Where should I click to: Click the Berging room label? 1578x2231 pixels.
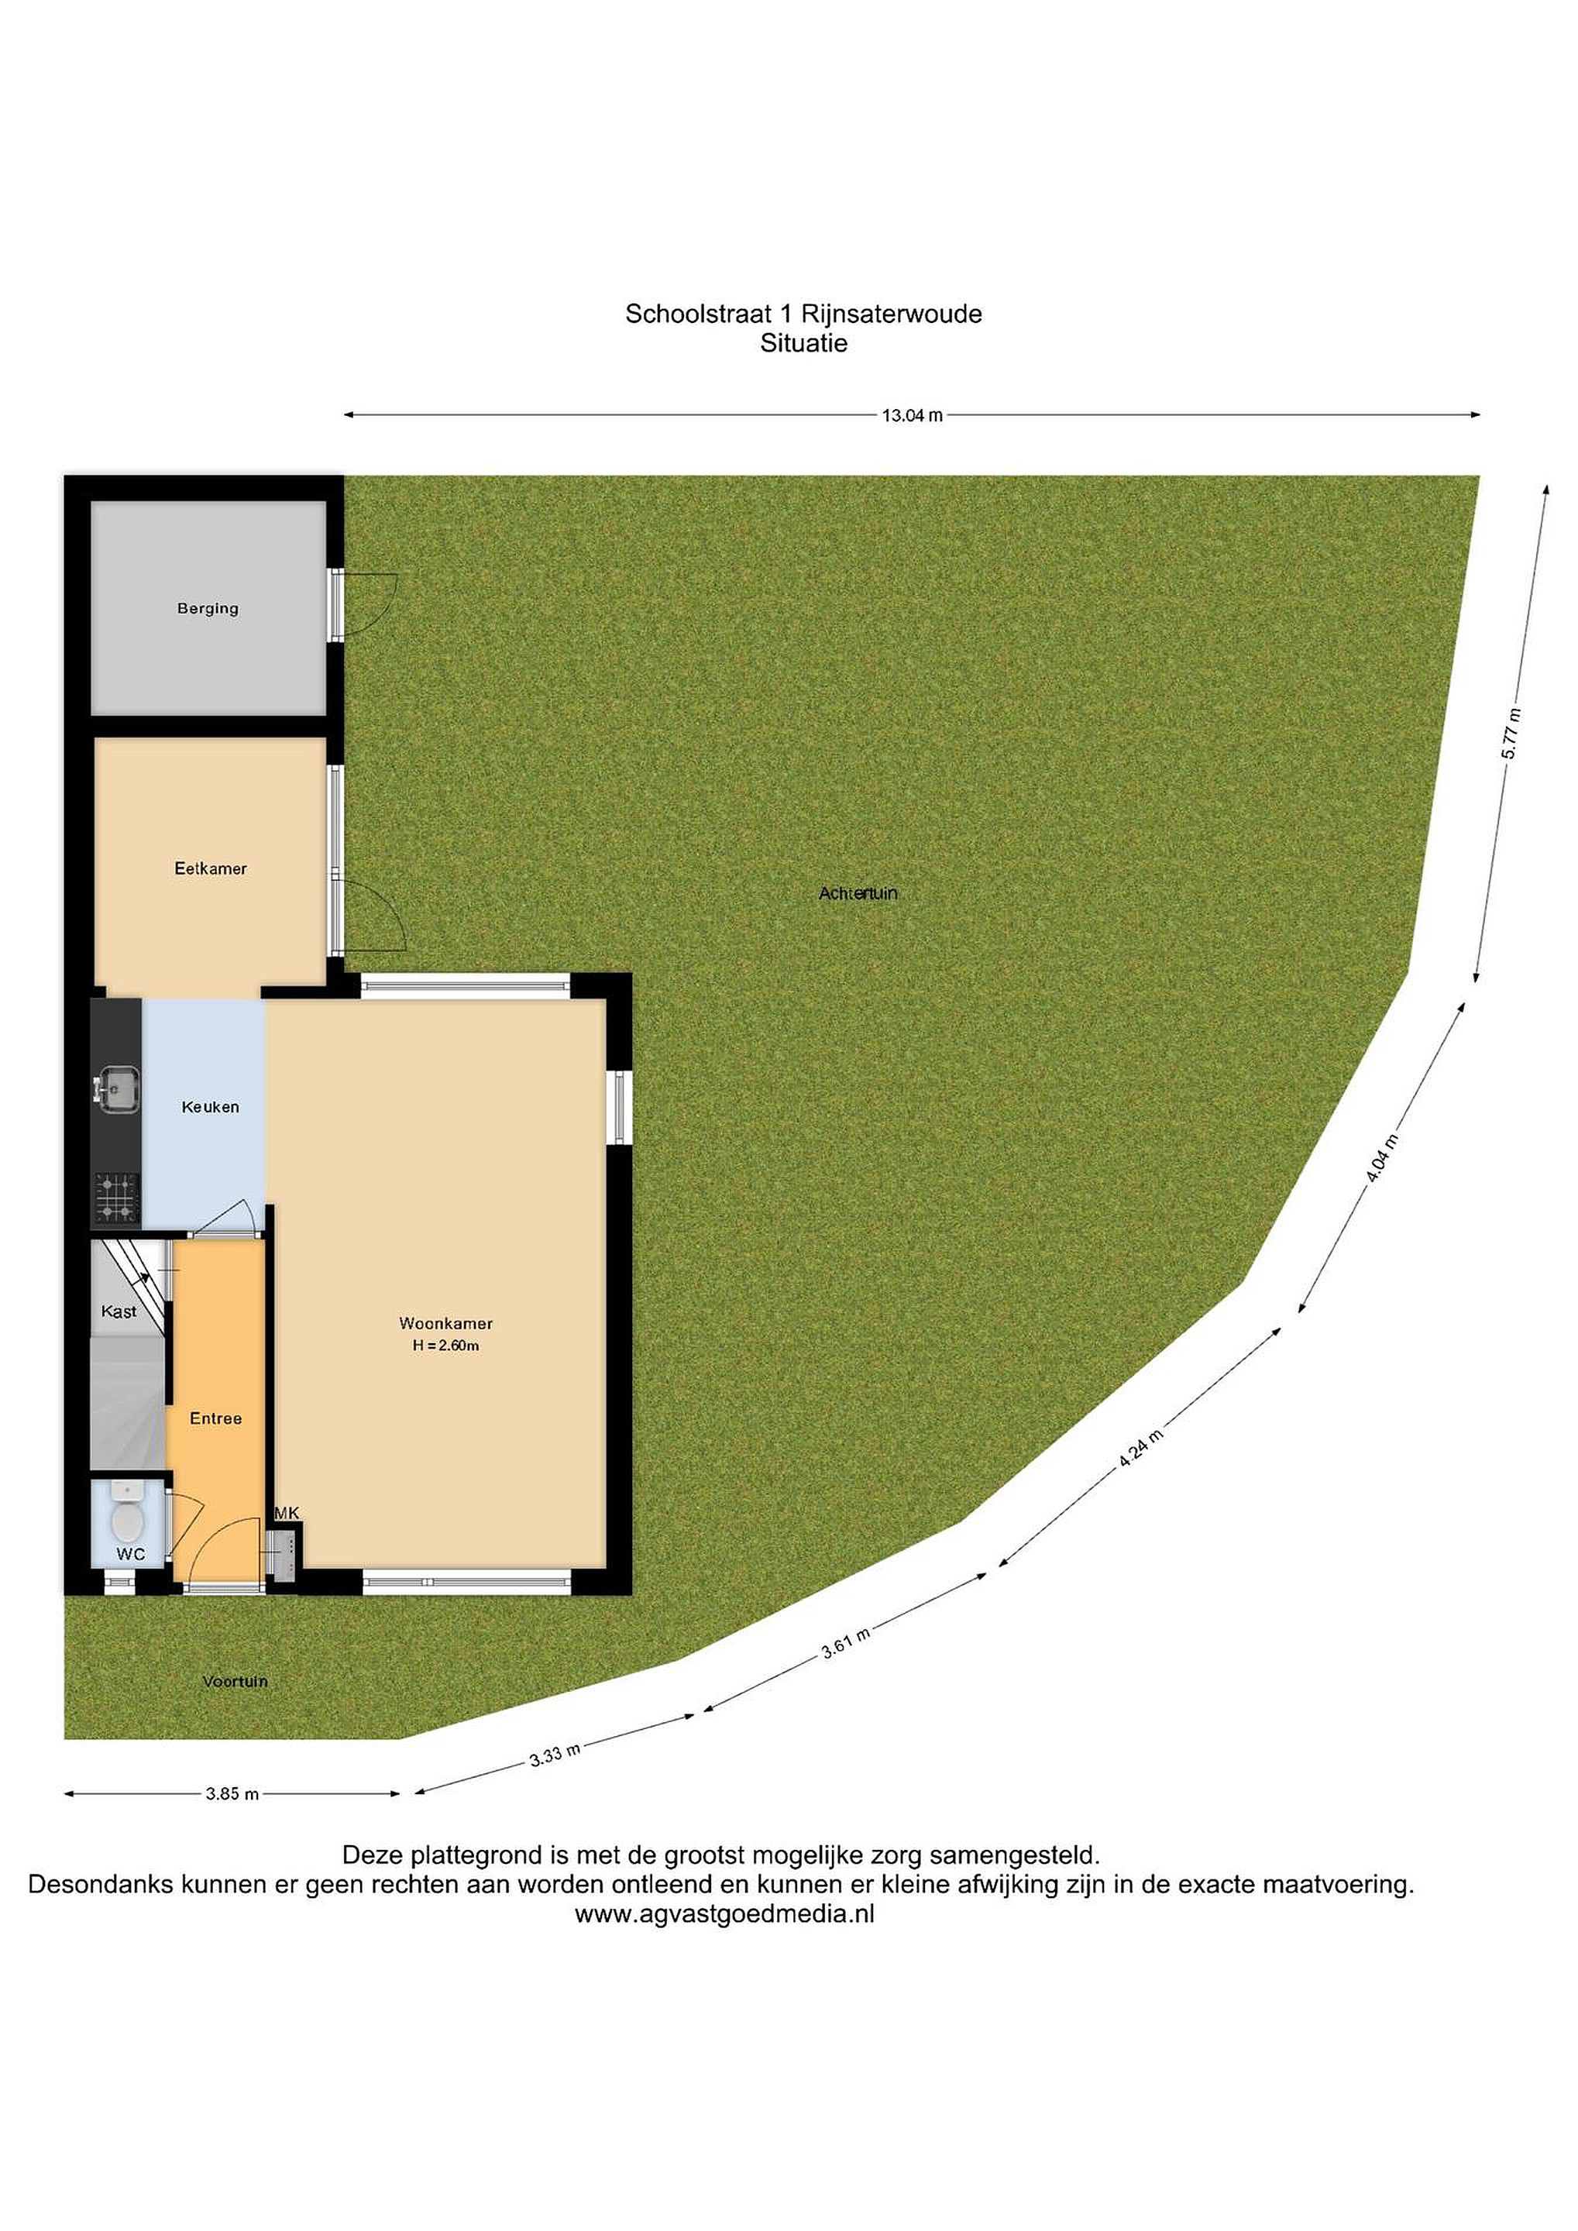[x=208, y=608]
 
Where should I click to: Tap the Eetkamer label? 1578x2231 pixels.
[x=211, y=868]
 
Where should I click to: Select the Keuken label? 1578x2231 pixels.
[x=210, y=1107]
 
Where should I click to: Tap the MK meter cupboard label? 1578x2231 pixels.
[x=287, y=1513]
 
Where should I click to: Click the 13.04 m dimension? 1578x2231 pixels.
[x=913, y=416]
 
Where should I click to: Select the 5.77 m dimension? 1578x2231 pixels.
[x=1511, y=734]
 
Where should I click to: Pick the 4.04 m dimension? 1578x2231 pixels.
[x=1382, y=1158]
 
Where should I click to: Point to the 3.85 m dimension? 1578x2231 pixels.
[x=232, y=1794]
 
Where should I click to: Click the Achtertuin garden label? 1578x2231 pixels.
[x=858, y=893]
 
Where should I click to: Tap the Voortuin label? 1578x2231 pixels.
[x=235, y=1681]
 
